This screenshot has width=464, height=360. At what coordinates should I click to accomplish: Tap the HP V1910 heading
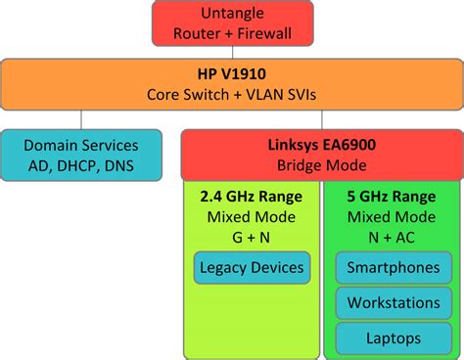(x=232, y=74)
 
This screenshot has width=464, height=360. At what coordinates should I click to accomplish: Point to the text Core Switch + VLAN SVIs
(x=232, y=95)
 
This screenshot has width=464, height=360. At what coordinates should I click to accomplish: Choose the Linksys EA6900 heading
(x=320, y=144)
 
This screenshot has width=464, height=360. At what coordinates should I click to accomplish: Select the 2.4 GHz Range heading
(x=251, y=196)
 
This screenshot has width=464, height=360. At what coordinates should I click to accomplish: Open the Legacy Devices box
(x=251, y=267)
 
